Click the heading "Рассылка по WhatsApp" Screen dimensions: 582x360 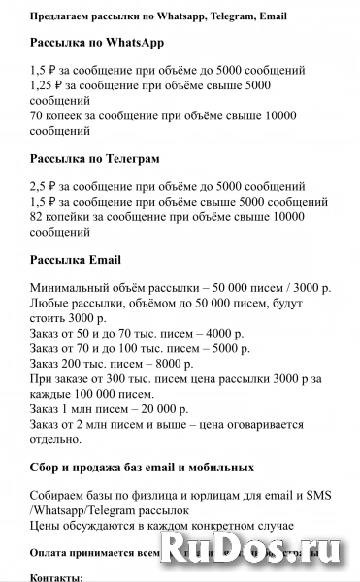tap(97, 44)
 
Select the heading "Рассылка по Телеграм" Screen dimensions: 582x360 tap(95, 158)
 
